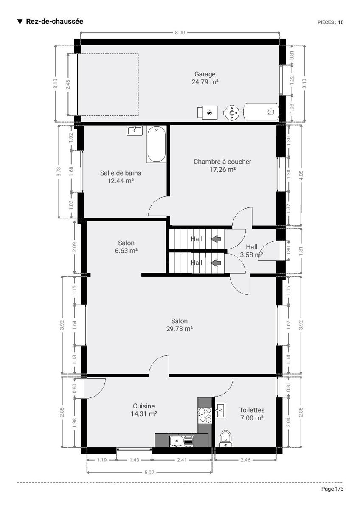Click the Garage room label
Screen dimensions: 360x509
coord(205,74)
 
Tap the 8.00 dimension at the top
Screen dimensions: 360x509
coord(180,33)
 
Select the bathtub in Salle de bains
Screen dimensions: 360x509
coord(157,144)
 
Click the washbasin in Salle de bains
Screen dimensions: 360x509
coord(135,131)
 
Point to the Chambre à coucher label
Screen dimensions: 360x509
coord(222,162)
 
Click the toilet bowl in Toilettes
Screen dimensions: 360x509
coord(225,439)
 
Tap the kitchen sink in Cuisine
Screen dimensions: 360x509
coord(181,441)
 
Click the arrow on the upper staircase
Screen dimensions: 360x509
coord(216,239)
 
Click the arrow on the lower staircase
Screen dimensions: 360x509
coord(216,263)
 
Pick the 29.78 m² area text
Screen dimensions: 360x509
coord(180,329)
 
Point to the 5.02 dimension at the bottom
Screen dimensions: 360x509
coord(149,473)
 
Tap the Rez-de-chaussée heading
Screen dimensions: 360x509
coord(55,21)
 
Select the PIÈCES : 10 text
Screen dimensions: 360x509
coord(330,22)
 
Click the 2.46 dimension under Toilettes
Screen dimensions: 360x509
coord(245,460)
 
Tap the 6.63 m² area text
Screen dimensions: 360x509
coord(126,251)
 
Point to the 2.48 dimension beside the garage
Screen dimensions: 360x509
coord(68,84)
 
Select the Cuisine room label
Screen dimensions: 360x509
coord(144,406)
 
